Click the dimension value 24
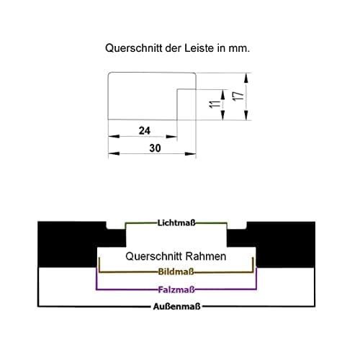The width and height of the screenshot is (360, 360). click(x=145, y=131)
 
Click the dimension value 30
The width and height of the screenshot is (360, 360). click(x=155, y=148)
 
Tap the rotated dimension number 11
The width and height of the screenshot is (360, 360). click(x=215, y=104)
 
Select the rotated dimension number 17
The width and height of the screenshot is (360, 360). click(x=239, y=96)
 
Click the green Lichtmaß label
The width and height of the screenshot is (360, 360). click(x=176, y=223)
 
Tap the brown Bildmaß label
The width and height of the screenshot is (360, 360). click(x=176, y=272)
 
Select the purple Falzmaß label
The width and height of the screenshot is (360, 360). click(x=176, y=290)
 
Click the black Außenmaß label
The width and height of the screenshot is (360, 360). click(x=176, y=307)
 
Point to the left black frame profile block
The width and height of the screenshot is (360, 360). click(x=72, y=243)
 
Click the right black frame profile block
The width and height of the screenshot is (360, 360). click(x=281, y=243)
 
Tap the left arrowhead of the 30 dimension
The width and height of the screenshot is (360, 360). click(x=114, y=153)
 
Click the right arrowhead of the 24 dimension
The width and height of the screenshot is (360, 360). click(x=171, y=137)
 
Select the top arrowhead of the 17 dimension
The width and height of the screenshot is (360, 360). click(x=246, y=78)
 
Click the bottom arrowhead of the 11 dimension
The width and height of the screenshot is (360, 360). click(x=223, y=114)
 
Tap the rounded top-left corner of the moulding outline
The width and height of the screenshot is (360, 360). click(x=109, y=74)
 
